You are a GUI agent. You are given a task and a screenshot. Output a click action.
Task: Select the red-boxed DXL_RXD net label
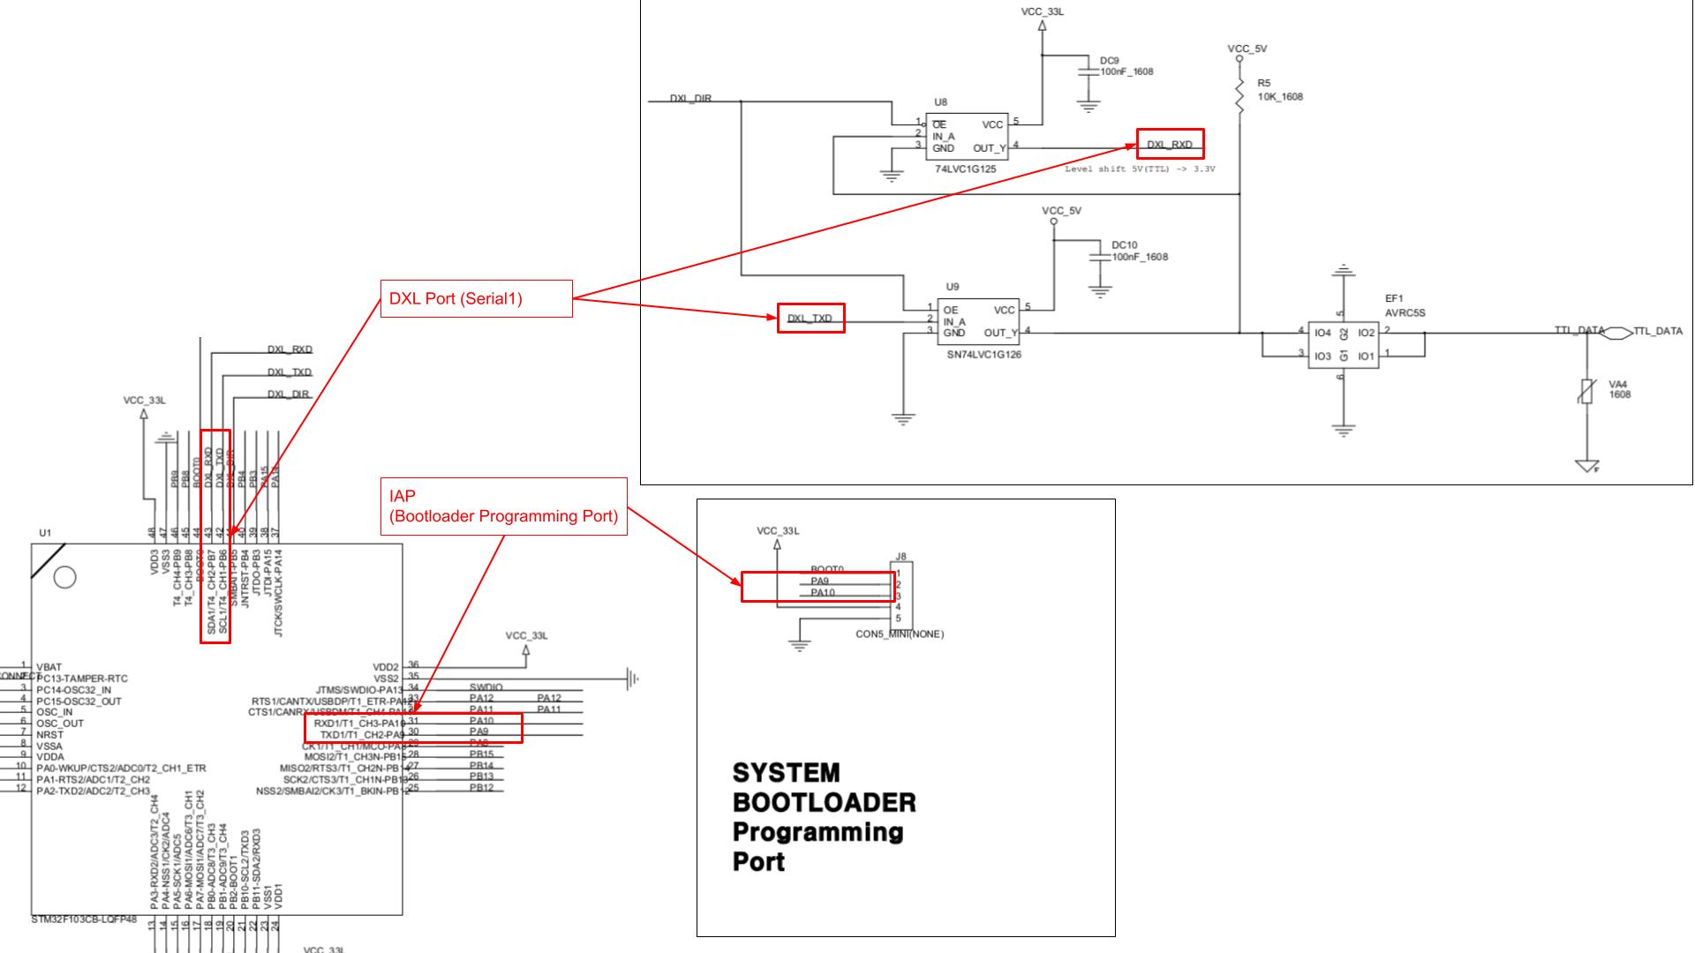pos(1169,144)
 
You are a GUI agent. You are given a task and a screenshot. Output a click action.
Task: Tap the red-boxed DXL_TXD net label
pos(810,319)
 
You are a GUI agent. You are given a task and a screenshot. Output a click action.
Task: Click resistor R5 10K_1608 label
pos(1280,90)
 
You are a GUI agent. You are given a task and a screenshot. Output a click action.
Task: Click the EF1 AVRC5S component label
pos(1404,306)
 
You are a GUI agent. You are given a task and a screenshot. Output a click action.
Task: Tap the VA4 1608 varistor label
pos(1619,389)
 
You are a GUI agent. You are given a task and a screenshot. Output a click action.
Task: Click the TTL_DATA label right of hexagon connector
pos(1657,332)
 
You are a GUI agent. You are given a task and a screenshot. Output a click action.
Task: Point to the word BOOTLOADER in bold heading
pos(824,803)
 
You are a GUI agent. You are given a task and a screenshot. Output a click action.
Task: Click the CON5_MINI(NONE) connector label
pos(899,634)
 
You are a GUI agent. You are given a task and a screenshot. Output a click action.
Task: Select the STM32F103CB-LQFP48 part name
pos(84,919)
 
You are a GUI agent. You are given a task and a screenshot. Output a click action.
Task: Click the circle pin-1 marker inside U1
pos(64,577)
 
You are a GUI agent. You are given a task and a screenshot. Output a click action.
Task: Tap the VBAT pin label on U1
pos(49,667)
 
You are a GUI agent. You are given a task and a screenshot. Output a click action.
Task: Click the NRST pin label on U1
pos(49,734)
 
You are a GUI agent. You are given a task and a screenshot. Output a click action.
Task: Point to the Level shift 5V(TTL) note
pos(1139,169)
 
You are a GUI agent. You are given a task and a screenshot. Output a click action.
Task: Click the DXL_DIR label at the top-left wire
pos(690,99)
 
